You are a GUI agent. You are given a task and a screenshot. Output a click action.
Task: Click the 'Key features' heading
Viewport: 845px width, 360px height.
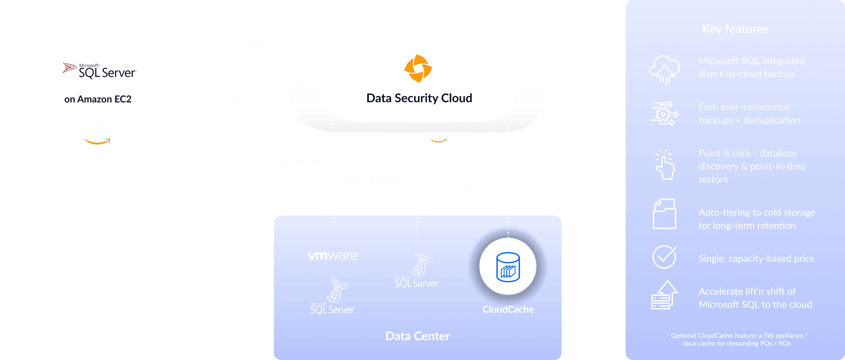pyautogui.click(x=735, y=29)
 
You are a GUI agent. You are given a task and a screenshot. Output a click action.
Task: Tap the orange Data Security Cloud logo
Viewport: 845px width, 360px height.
pyautogui.click(x=418, y=69)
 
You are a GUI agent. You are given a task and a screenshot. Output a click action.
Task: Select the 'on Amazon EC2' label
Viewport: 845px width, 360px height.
pyautogui.click(x=98, y=99)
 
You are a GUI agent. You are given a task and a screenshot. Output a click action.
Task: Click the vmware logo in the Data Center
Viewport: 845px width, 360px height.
pyautogui.click(x=333, y=255)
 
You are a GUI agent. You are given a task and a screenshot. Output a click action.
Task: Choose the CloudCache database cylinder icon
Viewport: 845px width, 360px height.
pyautogui.click(x=508, y=267)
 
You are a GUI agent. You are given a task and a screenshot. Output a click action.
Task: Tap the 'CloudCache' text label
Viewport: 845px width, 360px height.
pyautogui.click(x=508, y=309)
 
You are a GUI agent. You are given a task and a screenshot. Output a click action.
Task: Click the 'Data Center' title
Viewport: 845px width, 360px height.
pyautogui.click(x=418, y=336)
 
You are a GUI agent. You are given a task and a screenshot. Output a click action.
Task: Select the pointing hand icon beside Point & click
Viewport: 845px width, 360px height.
pyautogui.click(x=664, y=165)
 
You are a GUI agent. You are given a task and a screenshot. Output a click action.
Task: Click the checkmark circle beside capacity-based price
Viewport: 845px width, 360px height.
pyautogui.click(x=664, y=257)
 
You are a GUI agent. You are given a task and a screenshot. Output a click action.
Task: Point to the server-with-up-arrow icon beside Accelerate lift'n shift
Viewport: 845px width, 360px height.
pyautogui.click(x=664, y=295)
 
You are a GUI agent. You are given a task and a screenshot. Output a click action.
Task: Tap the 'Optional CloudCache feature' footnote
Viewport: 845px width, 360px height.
pyautogui.click(x=737, y=339)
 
